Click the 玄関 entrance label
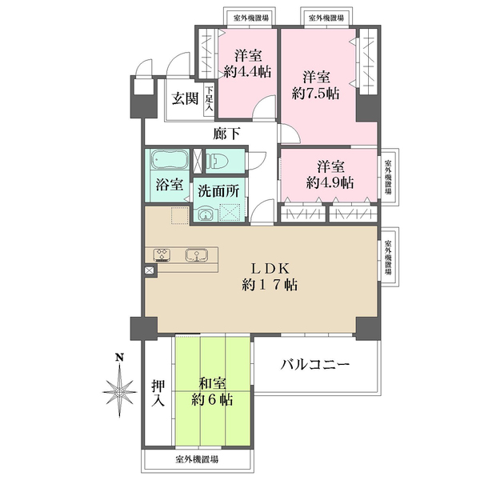[x=185, y=99]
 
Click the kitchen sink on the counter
[x=194, y=256]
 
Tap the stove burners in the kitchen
[x=161, y=256]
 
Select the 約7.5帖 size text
[x=316, y=94]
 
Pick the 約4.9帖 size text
[x=330, y=182]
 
